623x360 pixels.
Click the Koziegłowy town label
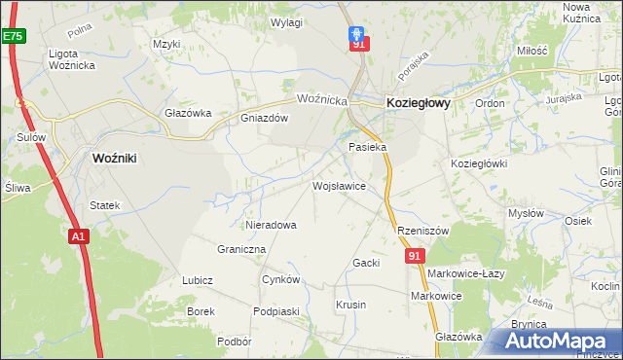[x=419, y=102]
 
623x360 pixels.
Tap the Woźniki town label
[x=119, y=158]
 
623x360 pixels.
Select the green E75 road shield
[x=12, y=36]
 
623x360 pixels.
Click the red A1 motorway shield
[x=79, y=235]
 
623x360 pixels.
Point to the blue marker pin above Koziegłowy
[x=357, y=33]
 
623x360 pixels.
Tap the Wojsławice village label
[x=339, y=185]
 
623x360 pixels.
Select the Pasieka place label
[x=368, y=147]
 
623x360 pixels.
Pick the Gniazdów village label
[x=265, y=119]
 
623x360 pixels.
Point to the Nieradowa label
[x=271, y=225]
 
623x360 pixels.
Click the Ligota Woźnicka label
[x=76, y=58]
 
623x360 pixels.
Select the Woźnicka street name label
[x=322, y=99]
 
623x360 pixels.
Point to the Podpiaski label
[x=275, y=310]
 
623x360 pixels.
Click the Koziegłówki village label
[x=479, y=163]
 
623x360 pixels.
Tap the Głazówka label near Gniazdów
[x=189, y=113]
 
